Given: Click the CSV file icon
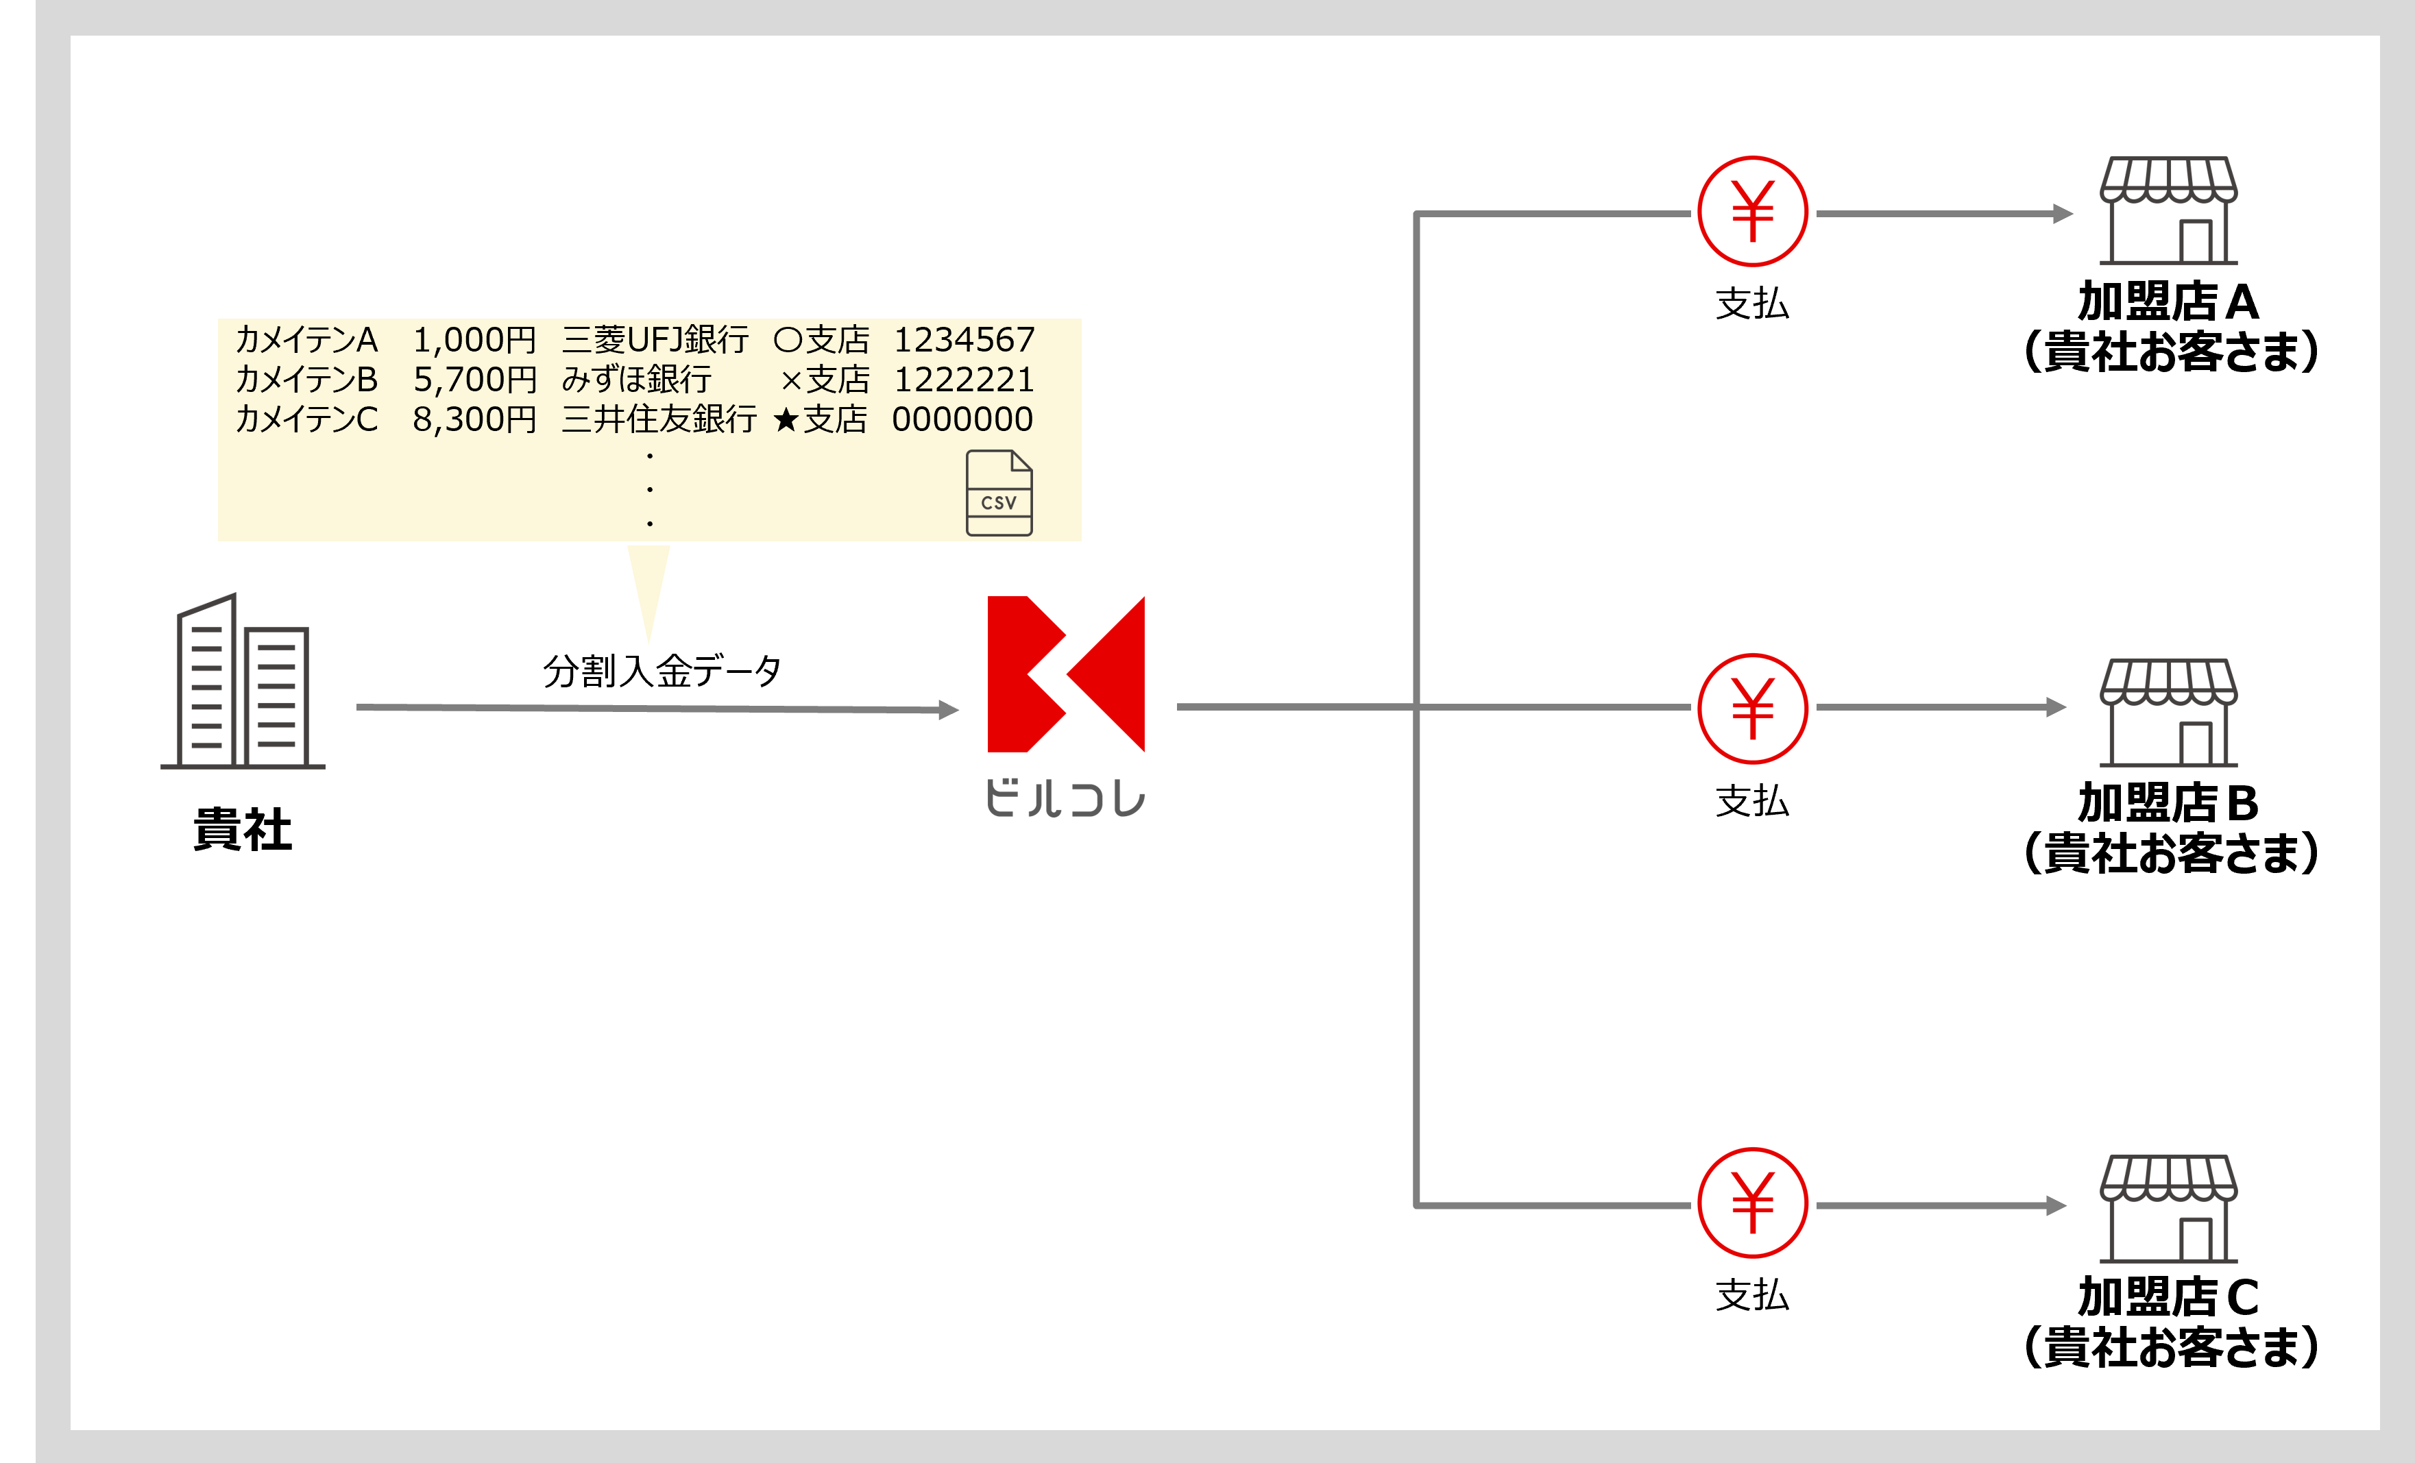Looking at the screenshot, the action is pyautogui.click(x=999, y=493).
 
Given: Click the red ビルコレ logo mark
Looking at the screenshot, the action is pyautogui.click(x=1065, y=674).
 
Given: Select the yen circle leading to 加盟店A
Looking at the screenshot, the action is pyautogui.click(x=1752, y=212).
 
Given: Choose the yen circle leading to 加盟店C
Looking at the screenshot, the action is pyautogui.click(x=1752, y=1203).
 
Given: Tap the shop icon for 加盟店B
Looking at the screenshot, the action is pyautogui.click(x=2168, y=713).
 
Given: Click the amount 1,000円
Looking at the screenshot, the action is pyautogui.click(x=474, y=340).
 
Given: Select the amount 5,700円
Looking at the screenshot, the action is pyautogui.click(x=474, y=379).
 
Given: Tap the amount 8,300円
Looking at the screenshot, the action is pyautogui.click(x=474, y=419).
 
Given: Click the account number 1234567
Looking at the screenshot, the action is pyautogui.click(x=963, y=340).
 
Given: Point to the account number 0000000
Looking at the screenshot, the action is pyautogui.click(x=962, y=419).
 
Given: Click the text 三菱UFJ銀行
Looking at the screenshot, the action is pyautogui.click(x=655, y=340).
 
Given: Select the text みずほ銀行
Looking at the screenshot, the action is pyautogui.click(x=636, y=379).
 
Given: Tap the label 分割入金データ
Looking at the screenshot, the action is pyautogui.click(x=662, y=672).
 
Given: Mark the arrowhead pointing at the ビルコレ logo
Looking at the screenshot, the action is pyautogui.click(x=948, y=709).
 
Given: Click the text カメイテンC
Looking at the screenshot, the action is pyautogui.click(x=306, y=419).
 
